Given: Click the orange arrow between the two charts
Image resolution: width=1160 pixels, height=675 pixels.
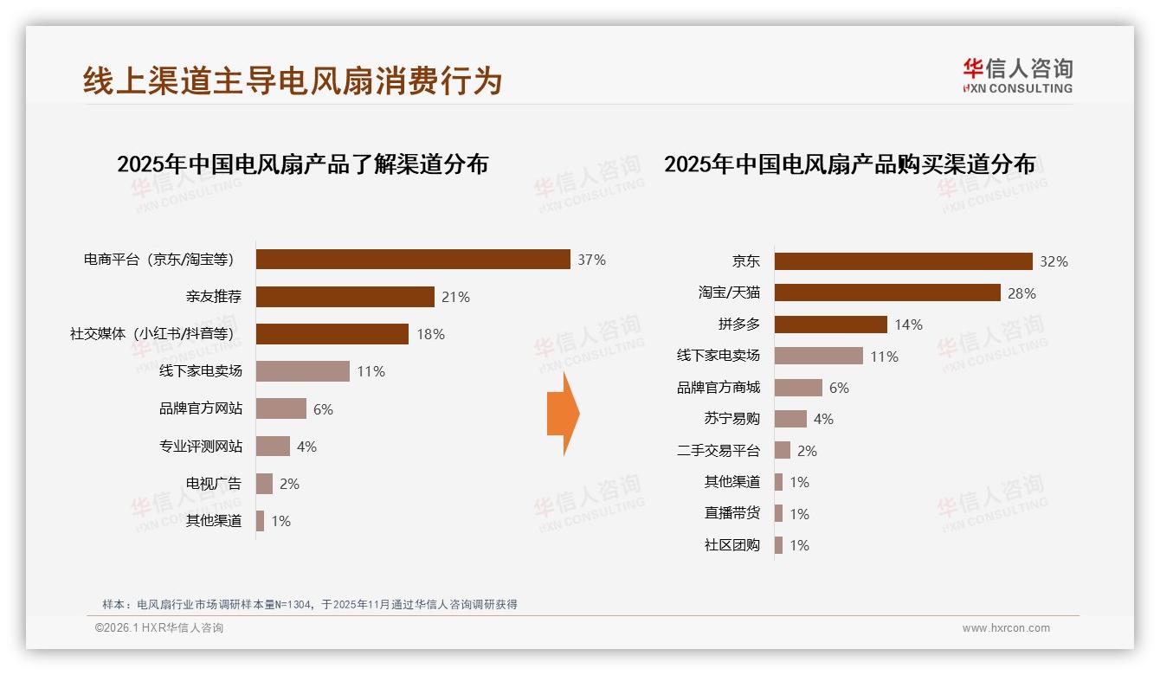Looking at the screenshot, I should tap(563, 414).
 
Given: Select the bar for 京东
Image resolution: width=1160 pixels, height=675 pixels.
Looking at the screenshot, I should tap(903, 261).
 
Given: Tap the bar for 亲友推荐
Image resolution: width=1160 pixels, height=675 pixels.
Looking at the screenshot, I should tap(345, 297).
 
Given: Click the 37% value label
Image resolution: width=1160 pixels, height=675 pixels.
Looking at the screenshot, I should tap(592, 260).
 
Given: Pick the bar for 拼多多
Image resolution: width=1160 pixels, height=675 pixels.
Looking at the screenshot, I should tap(830, 325).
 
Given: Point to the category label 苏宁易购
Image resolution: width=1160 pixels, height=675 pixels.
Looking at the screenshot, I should tap(731, 419).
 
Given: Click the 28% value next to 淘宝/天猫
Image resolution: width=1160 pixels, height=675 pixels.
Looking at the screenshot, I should tap(1021, 293).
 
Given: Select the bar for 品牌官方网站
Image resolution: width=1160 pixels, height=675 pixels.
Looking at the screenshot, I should tap(281, 408).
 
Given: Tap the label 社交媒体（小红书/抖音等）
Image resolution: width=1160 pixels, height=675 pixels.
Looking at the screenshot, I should tap(152, 334).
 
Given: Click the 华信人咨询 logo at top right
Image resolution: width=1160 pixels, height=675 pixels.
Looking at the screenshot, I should tap(1017, 75).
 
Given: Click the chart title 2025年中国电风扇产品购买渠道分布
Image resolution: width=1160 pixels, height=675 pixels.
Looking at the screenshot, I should tap(849, 164).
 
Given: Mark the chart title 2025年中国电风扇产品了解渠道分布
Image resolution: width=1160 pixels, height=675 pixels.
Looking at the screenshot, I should tap(302, 164).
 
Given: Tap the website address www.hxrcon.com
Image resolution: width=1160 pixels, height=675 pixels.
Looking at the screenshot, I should tap(1006, 628).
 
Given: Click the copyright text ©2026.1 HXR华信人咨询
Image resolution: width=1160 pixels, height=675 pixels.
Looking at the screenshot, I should tap(159, 628).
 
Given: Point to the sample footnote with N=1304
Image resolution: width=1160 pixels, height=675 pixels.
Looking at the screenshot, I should tap(309, 604).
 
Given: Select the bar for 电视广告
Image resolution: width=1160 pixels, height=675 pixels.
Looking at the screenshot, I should tap(264, 484).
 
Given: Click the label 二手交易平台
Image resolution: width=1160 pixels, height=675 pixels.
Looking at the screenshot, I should tap(718, 451).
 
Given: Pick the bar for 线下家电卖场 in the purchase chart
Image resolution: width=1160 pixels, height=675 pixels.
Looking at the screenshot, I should tap(818, 356).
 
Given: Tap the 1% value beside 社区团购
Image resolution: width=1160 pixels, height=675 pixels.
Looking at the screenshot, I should tap(799, 545).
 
